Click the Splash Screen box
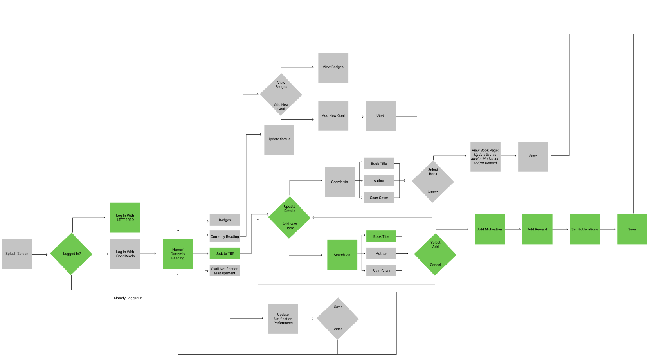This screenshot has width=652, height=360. tap(17, 254)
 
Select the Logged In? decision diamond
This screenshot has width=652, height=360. tap(72, 254)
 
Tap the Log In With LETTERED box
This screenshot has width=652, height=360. tap(125, 218)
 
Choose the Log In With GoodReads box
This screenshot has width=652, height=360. tap(125, 254)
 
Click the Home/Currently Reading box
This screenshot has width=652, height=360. tap(178, 254)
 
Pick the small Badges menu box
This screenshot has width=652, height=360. tap(225, 220)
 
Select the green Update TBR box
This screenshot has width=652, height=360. tap(225, 254)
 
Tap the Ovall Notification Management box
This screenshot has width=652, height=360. tap(225, 271)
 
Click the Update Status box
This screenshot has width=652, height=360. tap(279, 140)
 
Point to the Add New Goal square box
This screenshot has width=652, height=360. tap(333, 115)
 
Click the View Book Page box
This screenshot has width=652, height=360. tap(485, 157)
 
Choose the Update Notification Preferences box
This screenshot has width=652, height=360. tap(283, 319)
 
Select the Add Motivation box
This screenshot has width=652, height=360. tap(490, 229)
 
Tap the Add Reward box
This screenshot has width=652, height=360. tap(537, 229)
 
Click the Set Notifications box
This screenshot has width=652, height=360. tap(584, 229)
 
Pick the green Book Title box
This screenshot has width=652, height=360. tap(381, 236)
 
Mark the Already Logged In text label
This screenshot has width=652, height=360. tap(128, 298)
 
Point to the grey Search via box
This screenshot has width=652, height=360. tap(340, 182)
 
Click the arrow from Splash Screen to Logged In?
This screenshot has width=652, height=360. tap(40, 254)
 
